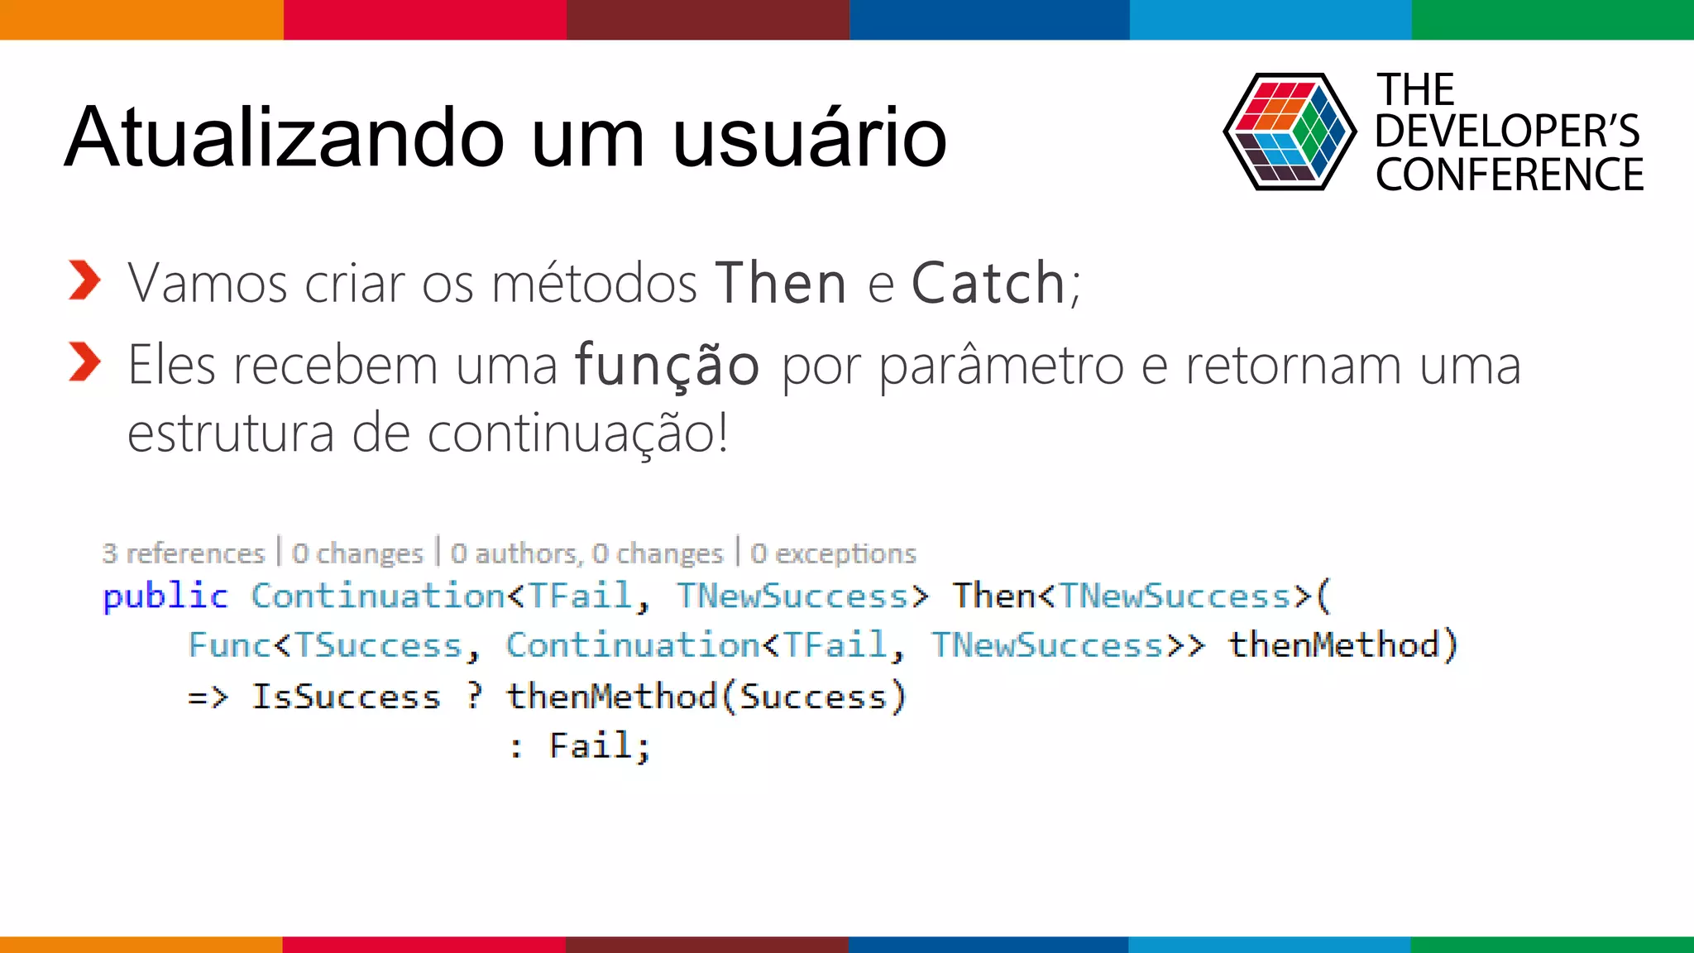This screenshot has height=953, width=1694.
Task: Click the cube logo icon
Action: (1289, 132)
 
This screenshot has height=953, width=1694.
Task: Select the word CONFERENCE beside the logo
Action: (1510, 175)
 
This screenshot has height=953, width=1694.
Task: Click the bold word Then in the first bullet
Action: (781, 284)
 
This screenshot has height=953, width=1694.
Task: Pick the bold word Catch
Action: (988, 284)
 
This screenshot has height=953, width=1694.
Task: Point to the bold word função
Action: (667, 365)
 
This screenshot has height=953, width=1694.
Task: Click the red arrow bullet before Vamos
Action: (84, 280)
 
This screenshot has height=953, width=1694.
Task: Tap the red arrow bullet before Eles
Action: (84, 362)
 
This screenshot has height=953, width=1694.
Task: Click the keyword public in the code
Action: (165, 596)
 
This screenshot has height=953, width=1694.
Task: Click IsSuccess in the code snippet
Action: (346, 697)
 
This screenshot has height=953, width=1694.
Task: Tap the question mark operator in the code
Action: (474, 697)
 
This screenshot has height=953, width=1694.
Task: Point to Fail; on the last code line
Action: (600, 746)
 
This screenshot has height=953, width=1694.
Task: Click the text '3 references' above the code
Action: (183, 553)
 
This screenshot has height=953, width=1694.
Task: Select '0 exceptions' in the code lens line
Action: (833, 553)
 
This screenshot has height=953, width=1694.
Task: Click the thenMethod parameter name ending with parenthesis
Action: (1342, 645)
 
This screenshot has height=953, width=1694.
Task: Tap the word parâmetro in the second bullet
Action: (1001, 365)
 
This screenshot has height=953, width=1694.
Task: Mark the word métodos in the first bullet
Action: (594, 284)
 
